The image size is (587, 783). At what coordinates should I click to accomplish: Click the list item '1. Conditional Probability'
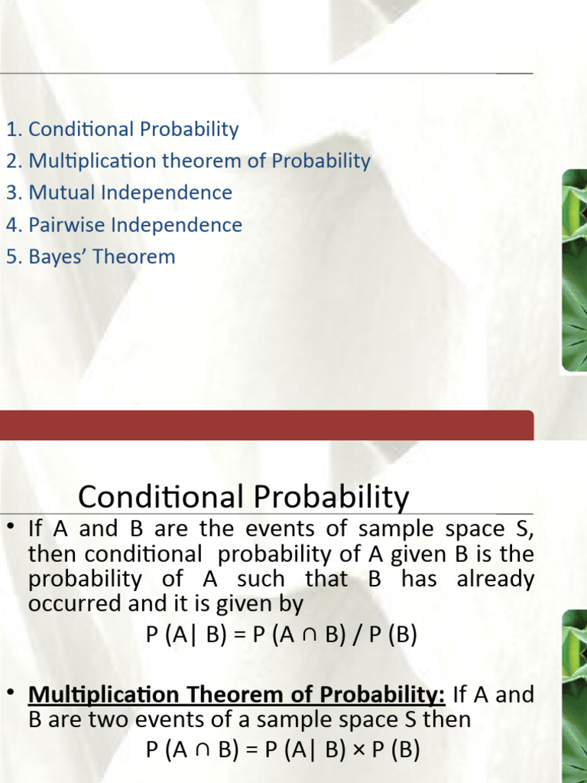coord(122,129)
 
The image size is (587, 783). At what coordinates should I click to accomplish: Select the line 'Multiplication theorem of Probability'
coord(199,161)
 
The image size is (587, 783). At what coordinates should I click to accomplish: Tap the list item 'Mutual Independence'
coord(130,193)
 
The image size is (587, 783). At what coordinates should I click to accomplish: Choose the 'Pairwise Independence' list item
coord(135,225)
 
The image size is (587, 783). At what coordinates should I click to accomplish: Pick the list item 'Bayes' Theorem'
coord(102,257)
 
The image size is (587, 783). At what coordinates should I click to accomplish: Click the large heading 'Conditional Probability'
coord(244,498)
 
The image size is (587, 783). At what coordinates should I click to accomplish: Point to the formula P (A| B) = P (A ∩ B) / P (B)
coord(282,636)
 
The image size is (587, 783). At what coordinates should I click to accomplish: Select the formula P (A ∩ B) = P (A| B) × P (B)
coord(283,750)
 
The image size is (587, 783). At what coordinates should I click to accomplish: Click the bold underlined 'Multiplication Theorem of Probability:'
coord(237,694)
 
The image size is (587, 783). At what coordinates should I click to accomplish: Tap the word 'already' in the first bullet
coord(495,579)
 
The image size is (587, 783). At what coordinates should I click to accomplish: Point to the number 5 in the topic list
coord(11,257)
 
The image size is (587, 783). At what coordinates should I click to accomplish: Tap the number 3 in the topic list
coord(11,193)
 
